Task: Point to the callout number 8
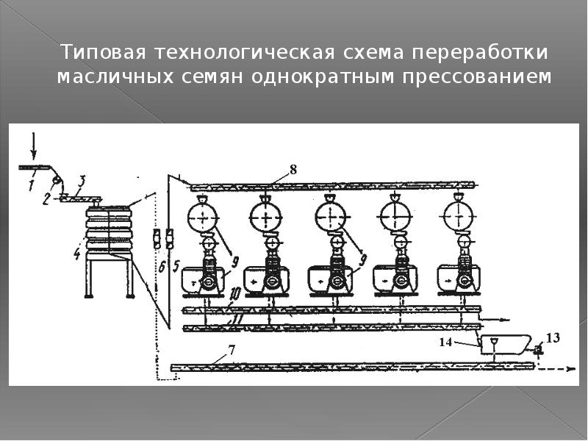point(293,170)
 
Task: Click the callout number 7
point(232,350)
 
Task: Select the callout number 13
point(553,337)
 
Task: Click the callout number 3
point(82,180)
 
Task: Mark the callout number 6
point(162,267)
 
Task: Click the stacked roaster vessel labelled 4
point(110,230)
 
